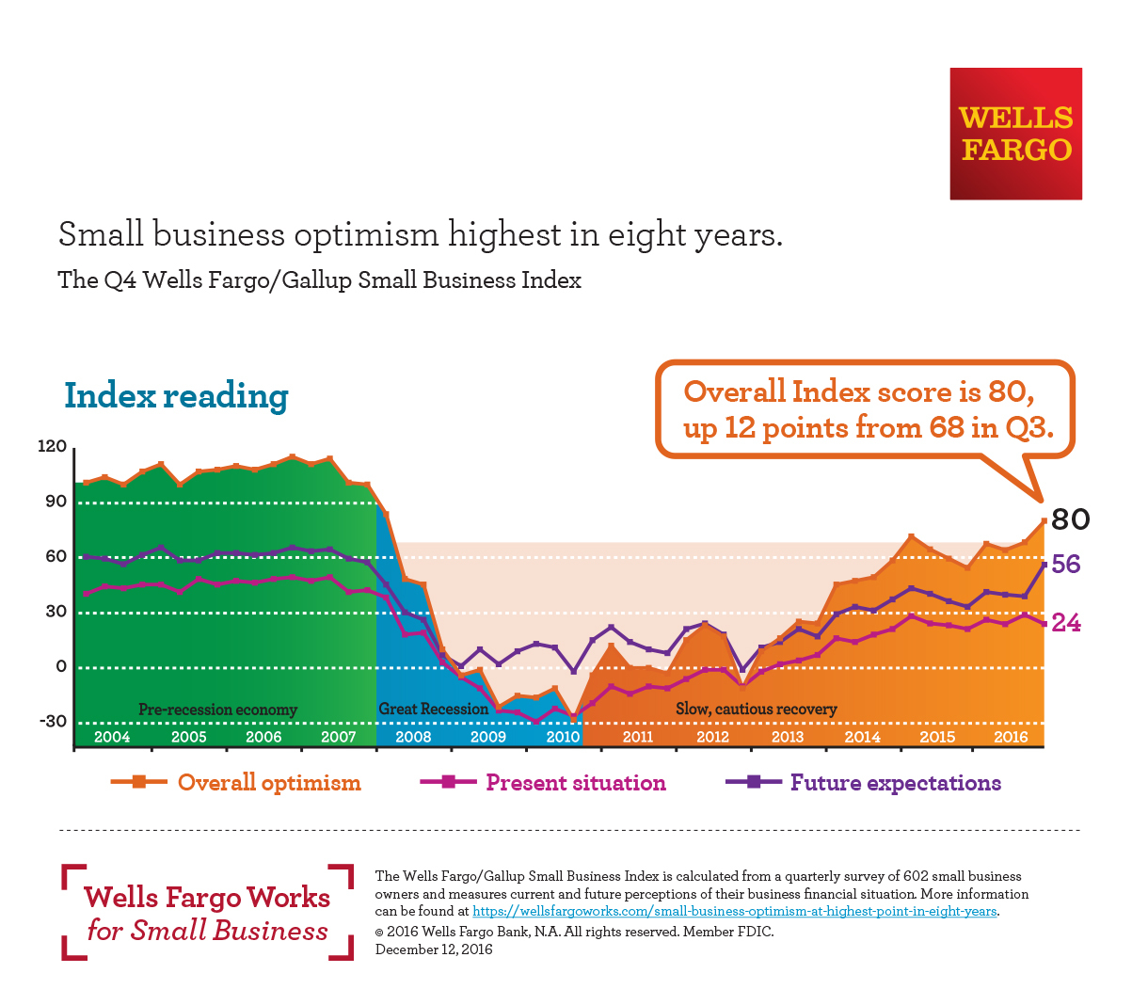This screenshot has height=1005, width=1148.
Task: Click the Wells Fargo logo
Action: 1015,134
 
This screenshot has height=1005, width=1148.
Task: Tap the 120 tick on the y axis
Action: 53,446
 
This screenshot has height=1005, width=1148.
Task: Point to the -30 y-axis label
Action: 53,722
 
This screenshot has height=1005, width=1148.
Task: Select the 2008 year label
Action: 413,737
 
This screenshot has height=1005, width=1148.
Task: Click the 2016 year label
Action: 1012,737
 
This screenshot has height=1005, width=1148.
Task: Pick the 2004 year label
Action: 112,737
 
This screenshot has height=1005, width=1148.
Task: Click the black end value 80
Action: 1071,519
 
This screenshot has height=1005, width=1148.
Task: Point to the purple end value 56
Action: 1066,565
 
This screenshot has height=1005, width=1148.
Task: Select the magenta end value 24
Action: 1066,623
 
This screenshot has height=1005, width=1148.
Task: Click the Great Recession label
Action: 433,709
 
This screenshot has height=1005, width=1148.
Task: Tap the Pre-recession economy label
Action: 217,710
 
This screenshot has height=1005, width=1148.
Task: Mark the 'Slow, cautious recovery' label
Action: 756,709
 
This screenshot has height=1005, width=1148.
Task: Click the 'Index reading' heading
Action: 176,396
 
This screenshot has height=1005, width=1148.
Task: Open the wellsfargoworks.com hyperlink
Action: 734,911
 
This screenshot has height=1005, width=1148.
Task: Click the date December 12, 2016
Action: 434,949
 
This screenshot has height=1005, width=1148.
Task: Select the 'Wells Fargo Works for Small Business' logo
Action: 207,913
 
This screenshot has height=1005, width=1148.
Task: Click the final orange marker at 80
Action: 1044,520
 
